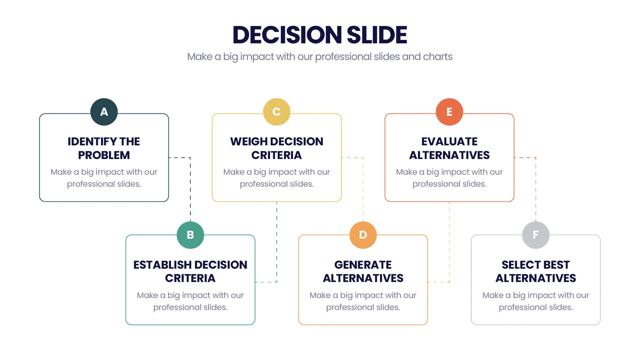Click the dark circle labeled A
104,112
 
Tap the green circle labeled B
190,235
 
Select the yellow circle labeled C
276,112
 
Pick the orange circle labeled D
363,235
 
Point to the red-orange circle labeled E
449,112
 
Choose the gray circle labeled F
536,235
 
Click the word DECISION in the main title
287,35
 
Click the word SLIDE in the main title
377,35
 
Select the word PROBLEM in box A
104,155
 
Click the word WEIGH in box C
248,141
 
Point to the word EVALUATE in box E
450,141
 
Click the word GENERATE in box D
363,265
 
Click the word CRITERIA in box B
190,278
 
